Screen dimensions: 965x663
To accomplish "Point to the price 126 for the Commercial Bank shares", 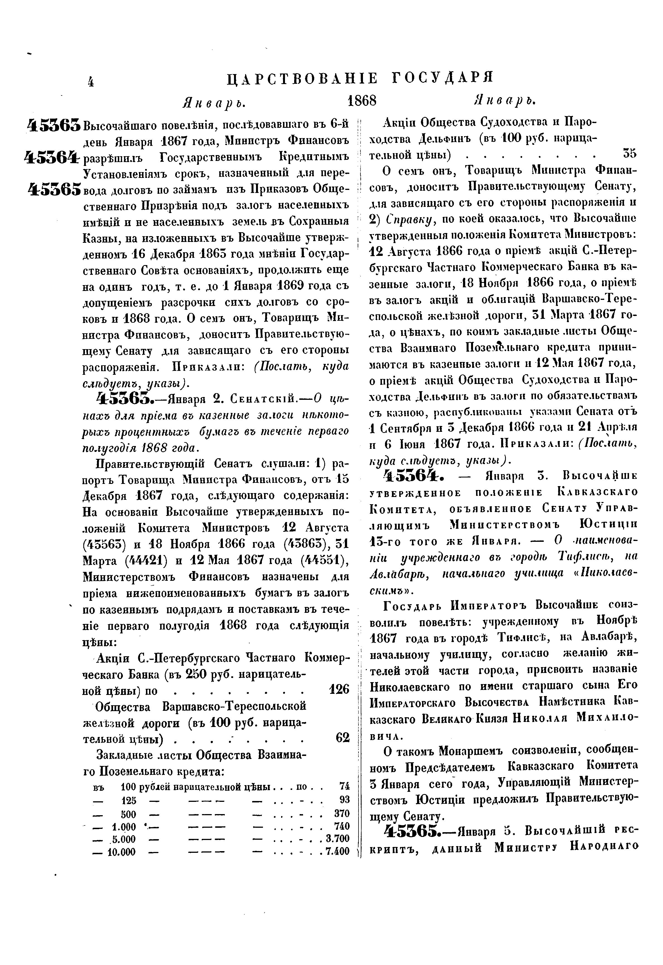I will pos(339,689).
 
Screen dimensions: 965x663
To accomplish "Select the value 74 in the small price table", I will pos(344,786).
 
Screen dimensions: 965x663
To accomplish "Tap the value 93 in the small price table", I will pos(344,799).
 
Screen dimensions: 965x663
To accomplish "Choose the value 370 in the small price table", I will pos(342,813).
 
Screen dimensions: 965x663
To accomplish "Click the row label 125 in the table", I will pos(129,800).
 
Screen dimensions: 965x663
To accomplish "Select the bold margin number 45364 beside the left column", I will pos(52,158).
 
